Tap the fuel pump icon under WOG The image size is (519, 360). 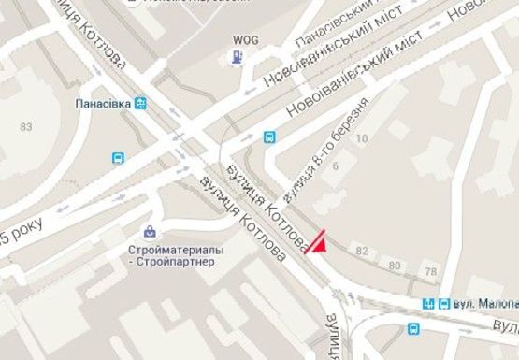click(237, 58)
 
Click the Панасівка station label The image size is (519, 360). click(103, 104)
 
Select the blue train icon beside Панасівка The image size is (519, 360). click(139, 104)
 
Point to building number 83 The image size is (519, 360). click(25, 126)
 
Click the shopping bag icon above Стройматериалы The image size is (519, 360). click(150, 231)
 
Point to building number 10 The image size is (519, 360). click(362, 139)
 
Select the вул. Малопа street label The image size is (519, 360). click(485, 304)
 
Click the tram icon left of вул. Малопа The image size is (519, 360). click(429, 304)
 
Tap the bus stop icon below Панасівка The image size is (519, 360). click(118, 158)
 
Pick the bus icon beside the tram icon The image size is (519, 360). click(443, 304)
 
